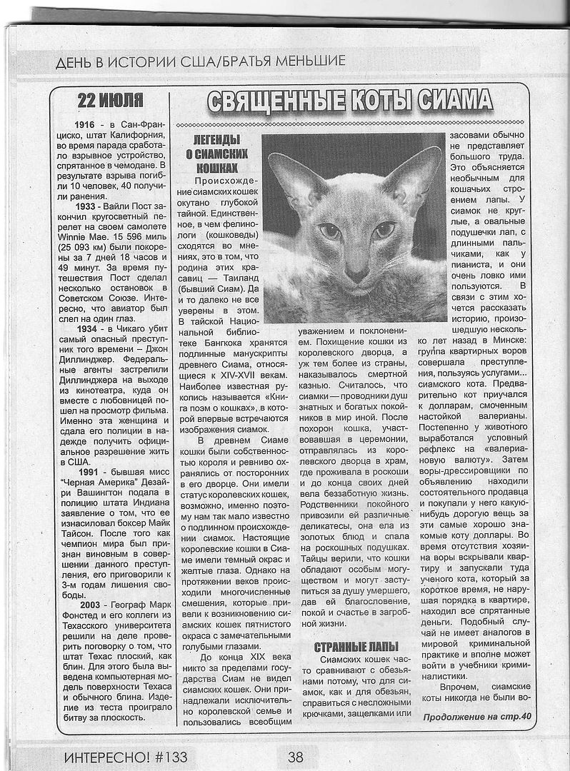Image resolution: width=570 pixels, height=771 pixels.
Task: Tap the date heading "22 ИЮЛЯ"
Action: pyautogui.click(x=110, y=100)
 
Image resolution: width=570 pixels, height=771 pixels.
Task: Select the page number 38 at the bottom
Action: pyautogui.click(x=296, y=755)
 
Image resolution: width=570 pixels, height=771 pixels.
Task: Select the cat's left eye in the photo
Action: pyautogui.click(x=329, y=231)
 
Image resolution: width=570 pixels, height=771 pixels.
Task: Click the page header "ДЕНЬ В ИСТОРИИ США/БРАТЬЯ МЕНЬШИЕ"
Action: pyautogui.click(x=201, y=61)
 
